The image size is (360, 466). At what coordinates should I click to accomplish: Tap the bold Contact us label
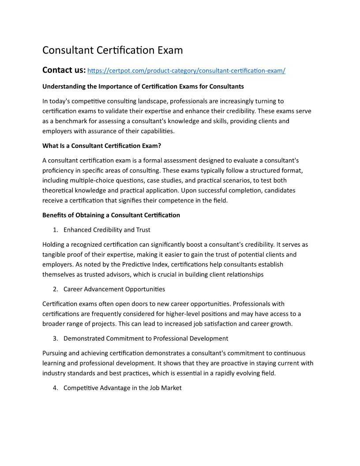pos(64,70)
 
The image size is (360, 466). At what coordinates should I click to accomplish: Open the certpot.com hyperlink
pos(187,71)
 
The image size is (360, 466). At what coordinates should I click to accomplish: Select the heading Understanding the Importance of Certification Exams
pos(143,86)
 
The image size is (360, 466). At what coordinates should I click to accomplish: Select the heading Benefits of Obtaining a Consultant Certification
pos(111,215)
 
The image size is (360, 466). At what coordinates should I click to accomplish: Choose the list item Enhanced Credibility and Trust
pos(107,229)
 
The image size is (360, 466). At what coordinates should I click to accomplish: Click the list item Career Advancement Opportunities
pos(114,289)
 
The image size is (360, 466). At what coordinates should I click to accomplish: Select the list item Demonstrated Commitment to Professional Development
pos(146,338)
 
